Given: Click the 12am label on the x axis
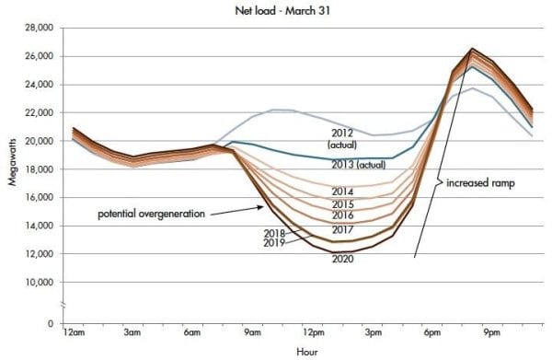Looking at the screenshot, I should (75, 332).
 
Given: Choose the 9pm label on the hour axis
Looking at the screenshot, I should (492, 332).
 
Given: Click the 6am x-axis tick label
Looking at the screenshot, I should (192, 332).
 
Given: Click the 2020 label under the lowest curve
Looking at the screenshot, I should (343, 259).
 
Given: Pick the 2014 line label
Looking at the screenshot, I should (343, 192).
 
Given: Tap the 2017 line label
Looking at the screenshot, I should (343, 228).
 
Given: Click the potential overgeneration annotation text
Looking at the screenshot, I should (152, 214).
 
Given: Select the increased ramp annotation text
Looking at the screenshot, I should (480, 182).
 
